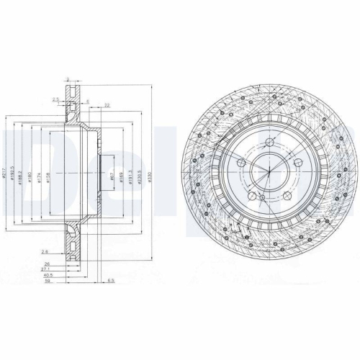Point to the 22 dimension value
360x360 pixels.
[x=106, y=106]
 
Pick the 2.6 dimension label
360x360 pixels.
[x=44, y=252]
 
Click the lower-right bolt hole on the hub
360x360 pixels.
[x=284, y=195]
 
